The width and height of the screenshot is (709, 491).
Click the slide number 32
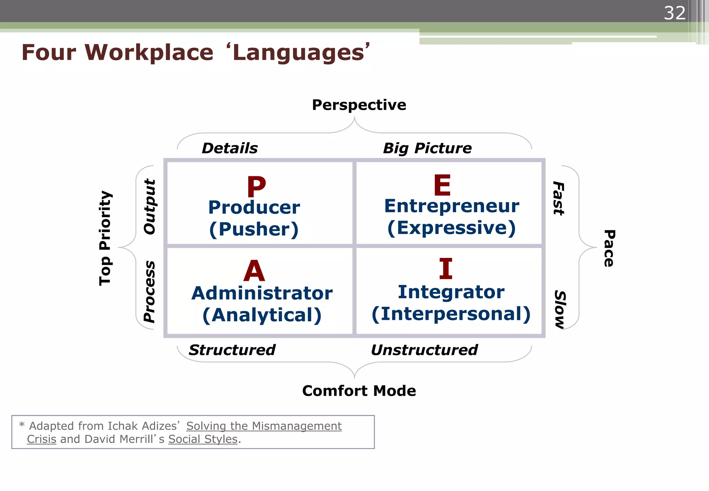click(674, 14)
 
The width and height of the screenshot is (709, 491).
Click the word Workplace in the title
click(149, 53)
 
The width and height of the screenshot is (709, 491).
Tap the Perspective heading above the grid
click(359, 105)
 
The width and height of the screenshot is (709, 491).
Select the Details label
click(230, 148)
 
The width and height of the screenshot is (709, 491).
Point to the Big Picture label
click(427, 148)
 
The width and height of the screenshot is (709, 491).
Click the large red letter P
click(256, 187)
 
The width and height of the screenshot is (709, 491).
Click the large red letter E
click(442, 185)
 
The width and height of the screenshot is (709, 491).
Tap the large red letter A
click(254, 271)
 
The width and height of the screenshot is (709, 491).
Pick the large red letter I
click(446, 269)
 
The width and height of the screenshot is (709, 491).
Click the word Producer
click(254, 207)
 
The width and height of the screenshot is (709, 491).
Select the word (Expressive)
click(451, 228)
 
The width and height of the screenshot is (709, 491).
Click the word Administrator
click(262, 293)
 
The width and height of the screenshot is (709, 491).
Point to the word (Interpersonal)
click(451, 314)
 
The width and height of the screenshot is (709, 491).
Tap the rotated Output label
click(150, 207)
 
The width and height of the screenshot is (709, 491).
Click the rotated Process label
click(150, 292)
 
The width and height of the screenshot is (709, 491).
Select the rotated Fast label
click(558, 198)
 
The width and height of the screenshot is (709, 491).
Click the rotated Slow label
click(560, 309)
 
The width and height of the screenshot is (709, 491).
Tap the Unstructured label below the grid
click(424, 350)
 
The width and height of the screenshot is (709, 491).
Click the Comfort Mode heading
click(359, 391)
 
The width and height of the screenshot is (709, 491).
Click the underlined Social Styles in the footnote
click(203, 439)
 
